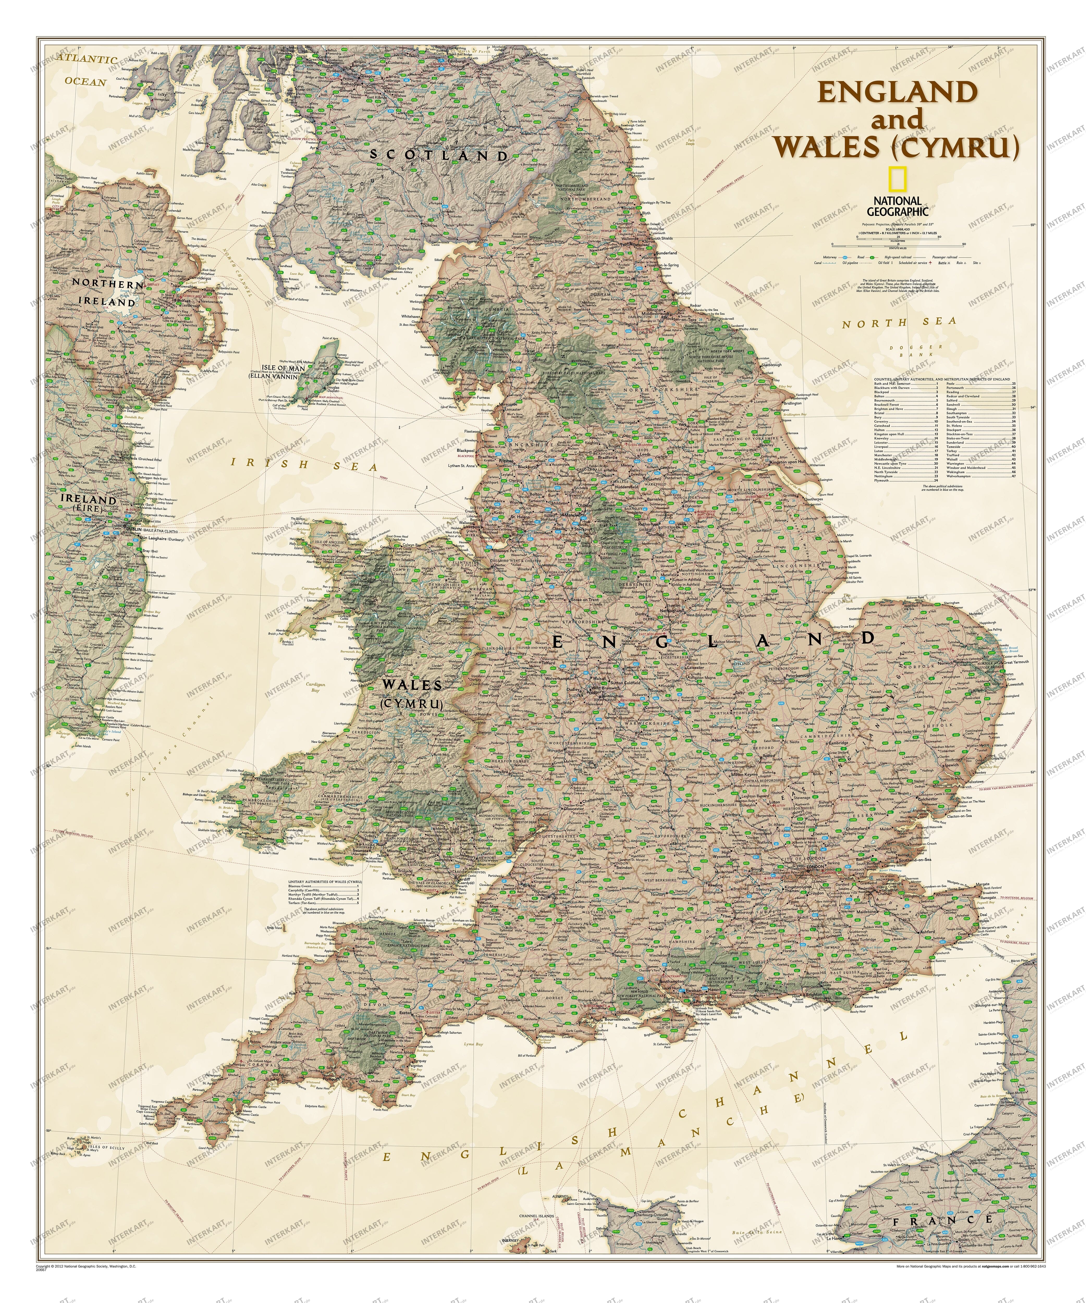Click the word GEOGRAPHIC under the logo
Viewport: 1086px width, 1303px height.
[x=897, y=211]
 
